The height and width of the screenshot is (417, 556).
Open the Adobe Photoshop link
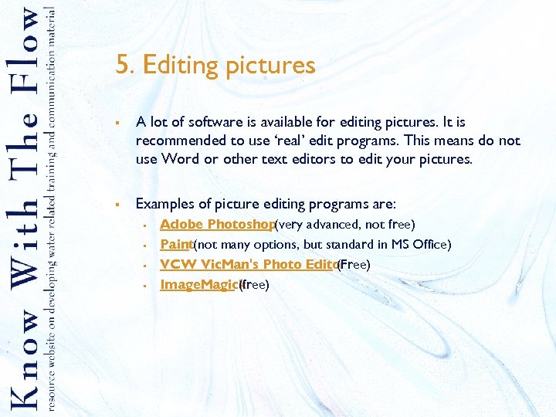(x=217, y=225)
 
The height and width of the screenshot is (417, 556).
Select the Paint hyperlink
(x=175, y=245)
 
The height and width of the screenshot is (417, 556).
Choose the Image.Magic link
(x=198, y=285)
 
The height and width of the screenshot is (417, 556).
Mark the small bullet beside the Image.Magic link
(x=144, y=286)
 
